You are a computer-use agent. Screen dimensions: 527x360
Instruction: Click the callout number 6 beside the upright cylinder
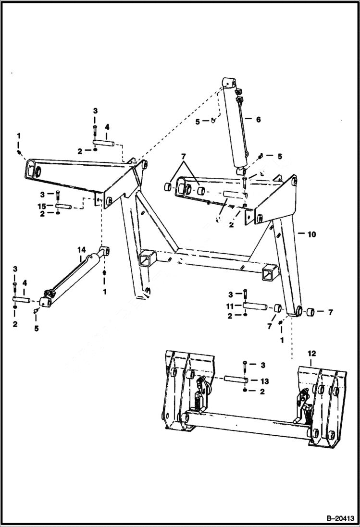click(258, 119)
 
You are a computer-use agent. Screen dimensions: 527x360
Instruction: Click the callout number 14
click(81, 250)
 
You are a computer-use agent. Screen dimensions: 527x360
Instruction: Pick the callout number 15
click(43, 206)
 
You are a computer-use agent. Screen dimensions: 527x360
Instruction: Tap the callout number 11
click(231, 306)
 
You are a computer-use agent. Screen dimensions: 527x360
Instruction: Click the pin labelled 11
click(254, 306)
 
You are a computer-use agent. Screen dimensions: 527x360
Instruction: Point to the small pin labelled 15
click(63, 207)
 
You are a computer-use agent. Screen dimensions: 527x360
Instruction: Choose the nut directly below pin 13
click(245, 392)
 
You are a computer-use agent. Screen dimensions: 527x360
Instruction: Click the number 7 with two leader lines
click(183, 158)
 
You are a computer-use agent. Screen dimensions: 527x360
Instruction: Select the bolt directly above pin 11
click(245, 295)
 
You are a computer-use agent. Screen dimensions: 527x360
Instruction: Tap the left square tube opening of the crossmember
click(145, 260)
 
